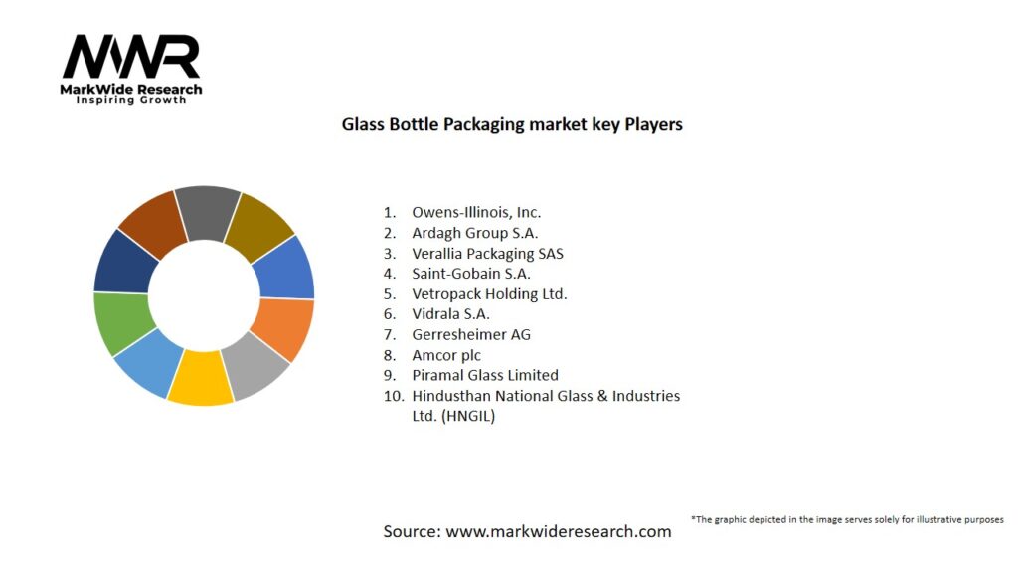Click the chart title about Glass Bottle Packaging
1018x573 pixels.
click(512, 125)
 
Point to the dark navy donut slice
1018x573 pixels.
click(125, 262)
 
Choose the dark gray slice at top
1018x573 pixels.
click(207, 212)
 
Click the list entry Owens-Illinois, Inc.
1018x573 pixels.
click(476, 212)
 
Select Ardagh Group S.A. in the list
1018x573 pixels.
click(474, 233)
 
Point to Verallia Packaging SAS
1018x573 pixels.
click(487, 253)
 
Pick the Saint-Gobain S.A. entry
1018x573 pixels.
click(471, 274)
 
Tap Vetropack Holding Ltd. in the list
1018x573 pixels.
click(489, 293)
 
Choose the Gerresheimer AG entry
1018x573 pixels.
click(471, 334)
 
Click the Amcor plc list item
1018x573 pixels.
click(446, 355)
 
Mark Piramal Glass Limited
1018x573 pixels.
click(485, 375)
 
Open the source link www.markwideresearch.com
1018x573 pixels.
click(558, 531)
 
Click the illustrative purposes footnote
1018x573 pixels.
click(847, 519)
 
